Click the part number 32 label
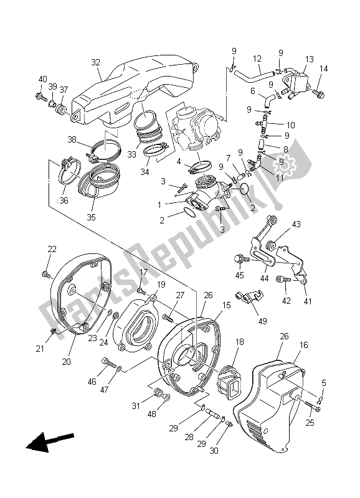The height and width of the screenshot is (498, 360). (95, 62)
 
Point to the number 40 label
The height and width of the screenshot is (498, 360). (42, 79)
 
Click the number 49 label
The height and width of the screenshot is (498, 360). (262, 321)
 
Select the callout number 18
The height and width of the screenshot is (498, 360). (239, 342)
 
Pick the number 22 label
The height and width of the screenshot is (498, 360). (52, 249)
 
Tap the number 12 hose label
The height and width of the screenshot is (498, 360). (257, 59)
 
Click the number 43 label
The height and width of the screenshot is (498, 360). (296, 224)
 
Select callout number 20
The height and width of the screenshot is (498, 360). (66, 362)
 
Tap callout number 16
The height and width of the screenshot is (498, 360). (303, 345)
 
